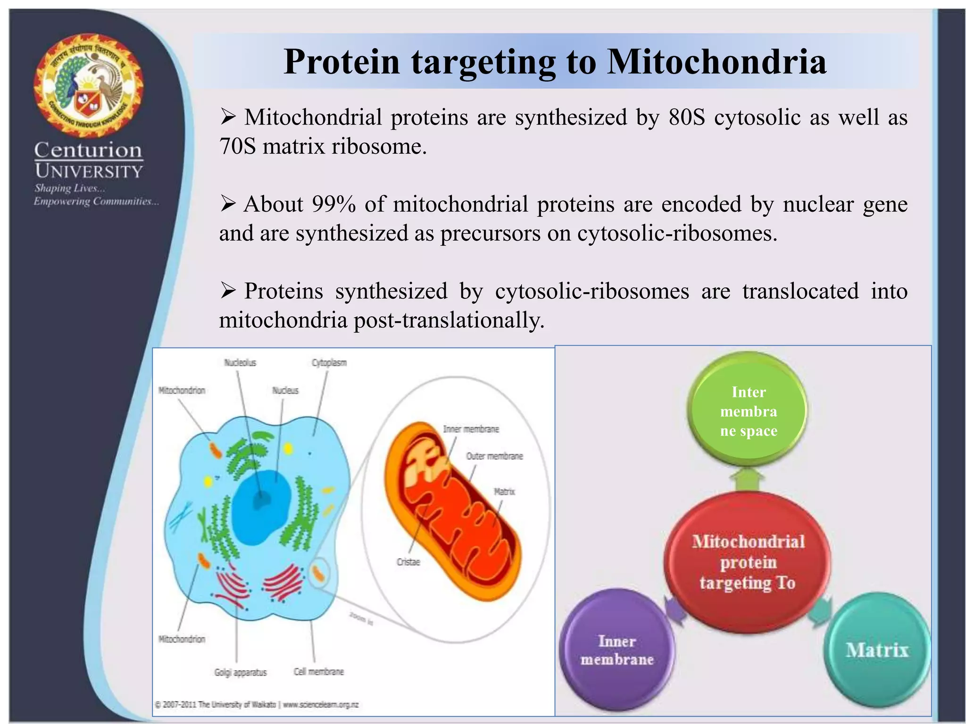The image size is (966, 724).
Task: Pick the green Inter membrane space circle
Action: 748,410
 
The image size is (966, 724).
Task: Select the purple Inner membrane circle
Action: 616,650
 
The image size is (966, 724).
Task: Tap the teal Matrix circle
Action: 876,650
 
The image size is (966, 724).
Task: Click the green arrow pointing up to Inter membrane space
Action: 747,480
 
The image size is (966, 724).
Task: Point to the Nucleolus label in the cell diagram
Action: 240,362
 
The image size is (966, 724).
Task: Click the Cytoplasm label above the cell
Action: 329,362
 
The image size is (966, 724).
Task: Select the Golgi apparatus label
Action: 240,672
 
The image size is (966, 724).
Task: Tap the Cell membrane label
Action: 318,672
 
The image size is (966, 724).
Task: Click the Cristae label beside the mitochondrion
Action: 408,562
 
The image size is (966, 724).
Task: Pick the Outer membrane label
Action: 494,456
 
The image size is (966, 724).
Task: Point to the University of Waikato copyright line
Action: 257,705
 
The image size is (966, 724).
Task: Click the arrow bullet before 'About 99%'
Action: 228,204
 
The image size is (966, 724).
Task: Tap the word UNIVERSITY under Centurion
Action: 89,171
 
